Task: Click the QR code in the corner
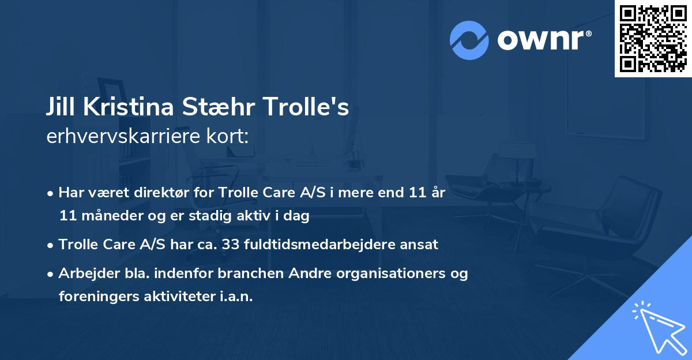point(653,39)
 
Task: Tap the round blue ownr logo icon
point(469,40)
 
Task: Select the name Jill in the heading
point(61,107)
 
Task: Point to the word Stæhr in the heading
point(219,107)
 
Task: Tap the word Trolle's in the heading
point(306,107)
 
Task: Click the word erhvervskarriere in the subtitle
point(123,136)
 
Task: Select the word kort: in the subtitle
point(227,136)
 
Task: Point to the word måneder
point(112,216)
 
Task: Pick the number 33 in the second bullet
point(231,245)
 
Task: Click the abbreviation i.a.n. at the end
point(236,297)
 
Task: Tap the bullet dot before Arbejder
point(50,275)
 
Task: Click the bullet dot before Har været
point(50,194)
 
